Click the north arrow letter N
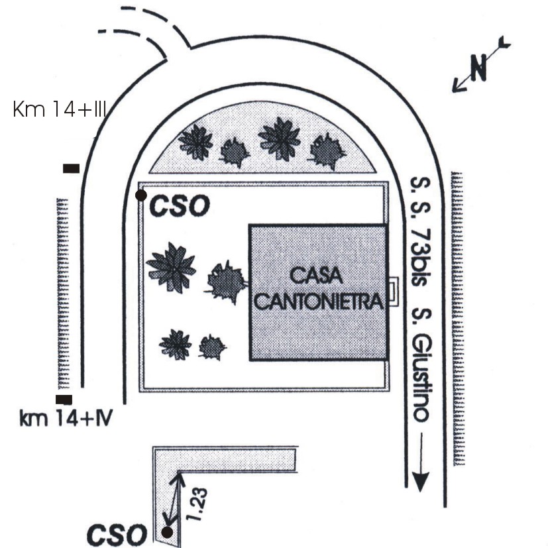coord(478,66)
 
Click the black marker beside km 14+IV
coord(64,400)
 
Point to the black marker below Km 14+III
coord(71,168)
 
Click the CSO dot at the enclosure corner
coord(140,195)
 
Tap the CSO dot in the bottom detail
coord(168,531)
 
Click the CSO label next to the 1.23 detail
coord(117,533)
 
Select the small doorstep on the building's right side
coord(394,291)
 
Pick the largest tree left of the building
coord(172,268)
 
